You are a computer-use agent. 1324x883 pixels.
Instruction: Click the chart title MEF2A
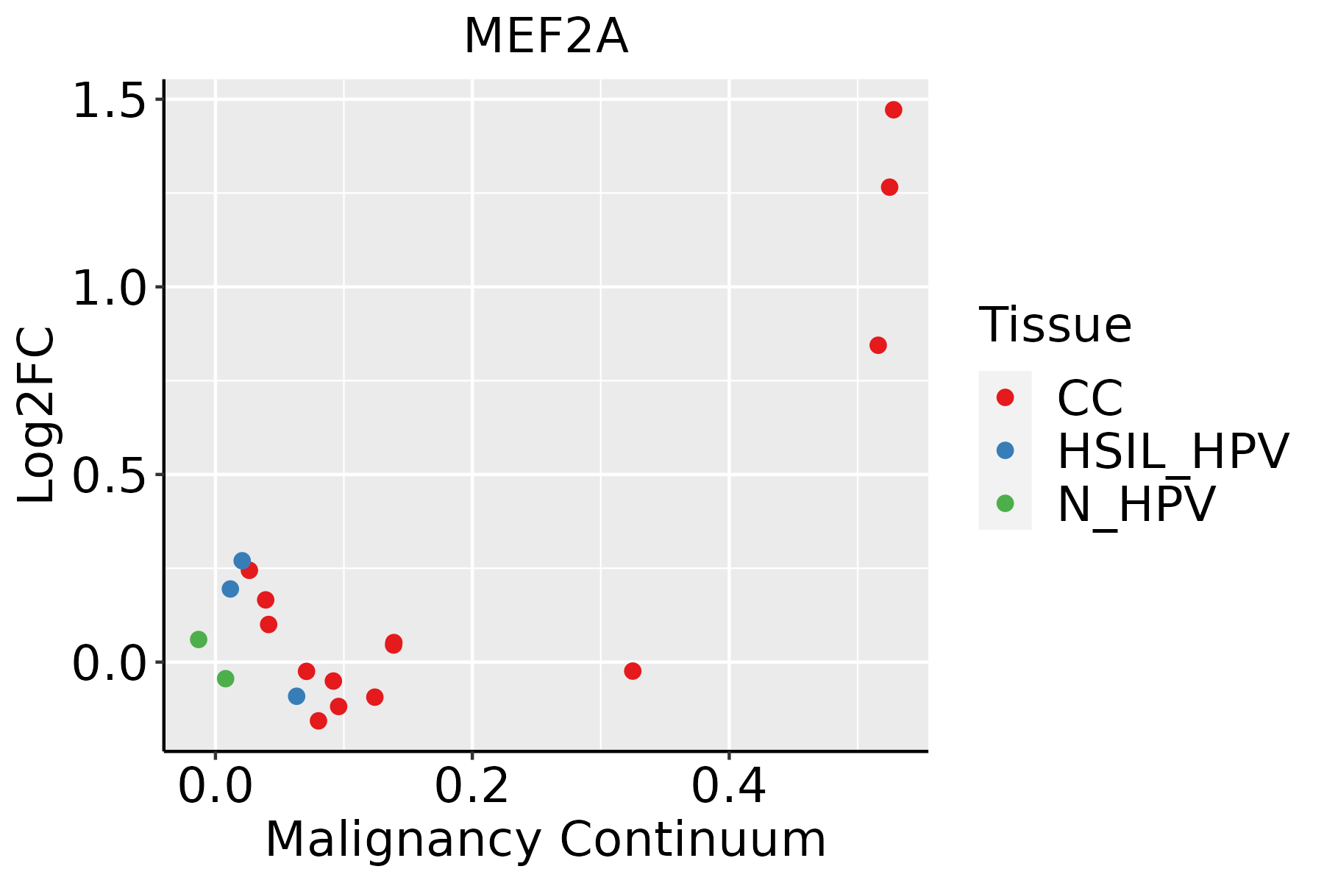(546, 37)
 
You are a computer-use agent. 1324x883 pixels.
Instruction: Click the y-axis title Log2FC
(37, 416)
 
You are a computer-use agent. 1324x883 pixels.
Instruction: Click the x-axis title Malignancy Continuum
(546, 840)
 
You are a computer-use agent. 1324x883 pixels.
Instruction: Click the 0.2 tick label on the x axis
(471, 786)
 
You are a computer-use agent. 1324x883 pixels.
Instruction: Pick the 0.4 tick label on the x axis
(728, 786)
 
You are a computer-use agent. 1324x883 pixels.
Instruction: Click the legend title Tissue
(1055, 325)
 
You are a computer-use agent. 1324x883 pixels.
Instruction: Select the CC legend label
(1090, 398)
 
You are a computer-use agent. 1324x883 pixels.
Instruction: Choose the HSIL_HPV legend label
(1172, 451)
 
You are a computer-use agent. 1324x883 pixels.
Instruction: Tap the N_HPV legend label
(1136, 504)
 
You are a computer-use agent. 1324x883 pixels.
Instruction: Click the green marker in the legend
(1005, 503)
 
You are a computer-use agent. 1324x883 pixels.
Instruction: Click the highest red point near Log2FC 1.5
(894, 110)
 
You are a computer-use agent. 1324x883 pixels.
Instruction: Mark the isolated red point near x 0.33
(633, 671)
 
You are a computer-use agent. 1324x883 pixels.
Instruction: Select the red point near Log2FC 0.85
(878, 345)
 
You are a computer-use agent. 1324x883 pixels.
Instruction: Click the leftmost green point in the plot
(199, 639)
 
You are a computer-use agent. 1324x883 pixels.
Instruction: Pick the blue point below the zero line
(296, 696)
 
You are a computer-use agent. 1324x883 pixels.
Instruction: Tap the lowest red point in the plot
(318, 720)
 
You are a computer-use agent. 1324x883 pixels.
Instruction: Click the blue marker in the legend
(1005, 450)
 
